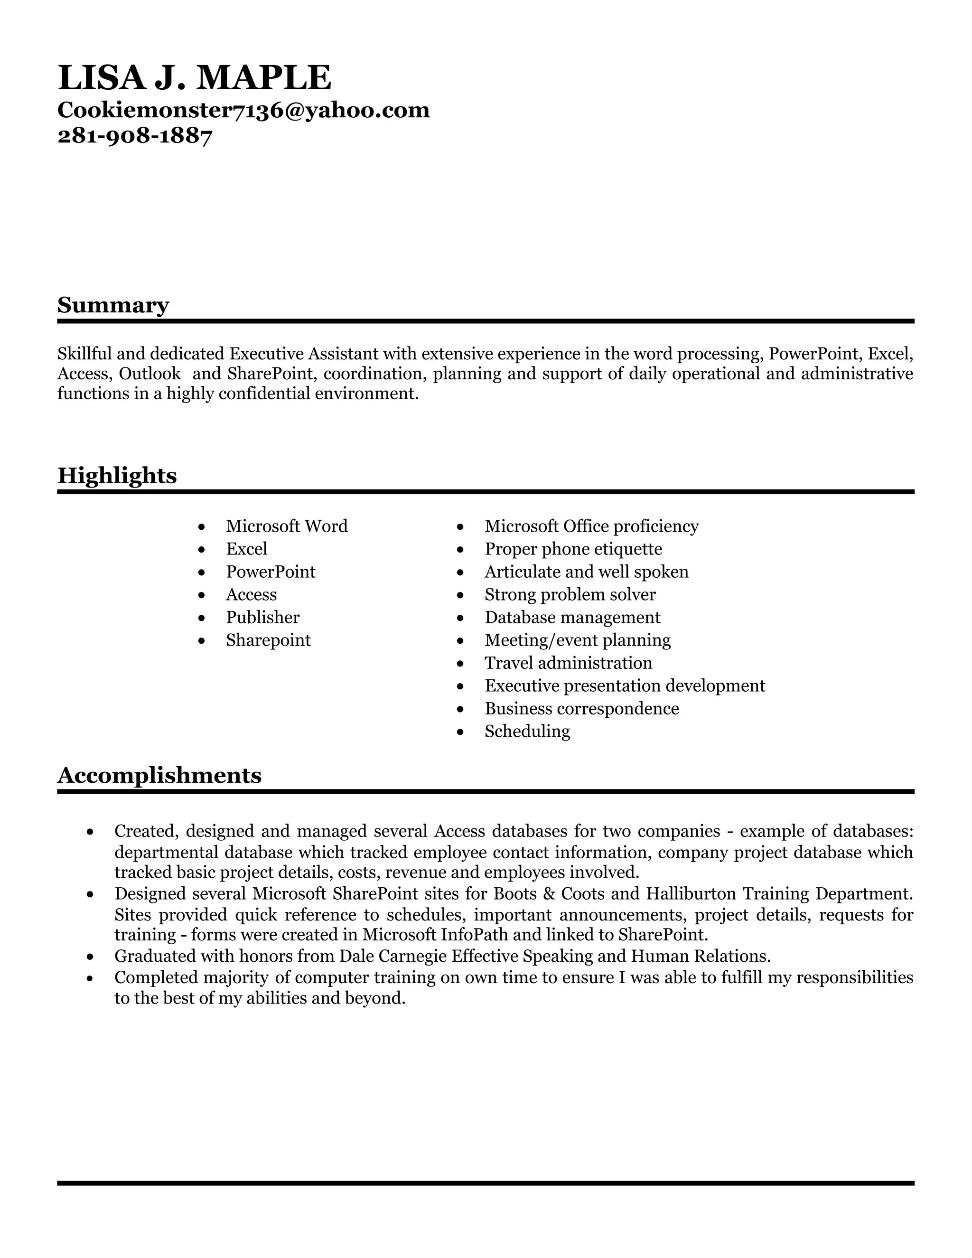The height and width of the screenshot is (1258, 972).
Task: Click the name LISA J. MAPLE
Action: (x=194, y=78)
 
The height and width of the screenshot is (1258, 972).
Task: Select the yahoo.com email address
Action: (x=243, y=110)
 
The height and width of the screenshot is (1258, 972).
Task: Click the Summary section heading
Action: (x=113, y=305)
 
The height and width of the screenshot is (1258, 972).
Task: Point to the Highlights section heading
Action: (x=117, y=476)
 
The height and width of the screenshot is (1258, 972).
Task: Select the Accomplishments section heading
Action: (x=159, y=775)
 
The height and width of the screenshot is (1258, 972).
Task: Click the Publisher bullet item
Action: (x=262, y=618)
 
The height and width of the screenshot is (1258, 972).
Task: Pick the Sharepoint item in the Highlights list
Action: (x=268, y=640)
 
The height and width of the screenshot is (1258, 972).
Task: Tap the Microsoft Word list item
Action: (x=286, y=526)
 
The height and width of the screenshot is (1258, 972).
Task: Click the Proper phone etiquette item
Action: (x=573, y=549)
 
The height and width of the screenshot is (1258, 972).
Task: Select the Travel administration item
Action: (x=568, y=663)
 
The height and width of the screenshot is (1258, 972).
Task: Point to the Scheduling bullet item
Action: (x=527, y=732)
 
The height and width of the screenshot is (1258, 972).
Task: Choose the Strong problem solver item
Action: (x=570, y=594)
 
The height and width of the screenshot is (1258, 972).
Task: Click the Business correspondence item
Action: (x=581, y=708)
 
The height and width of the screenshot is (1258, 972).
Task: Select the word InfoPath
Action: (x=459, y=934)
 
